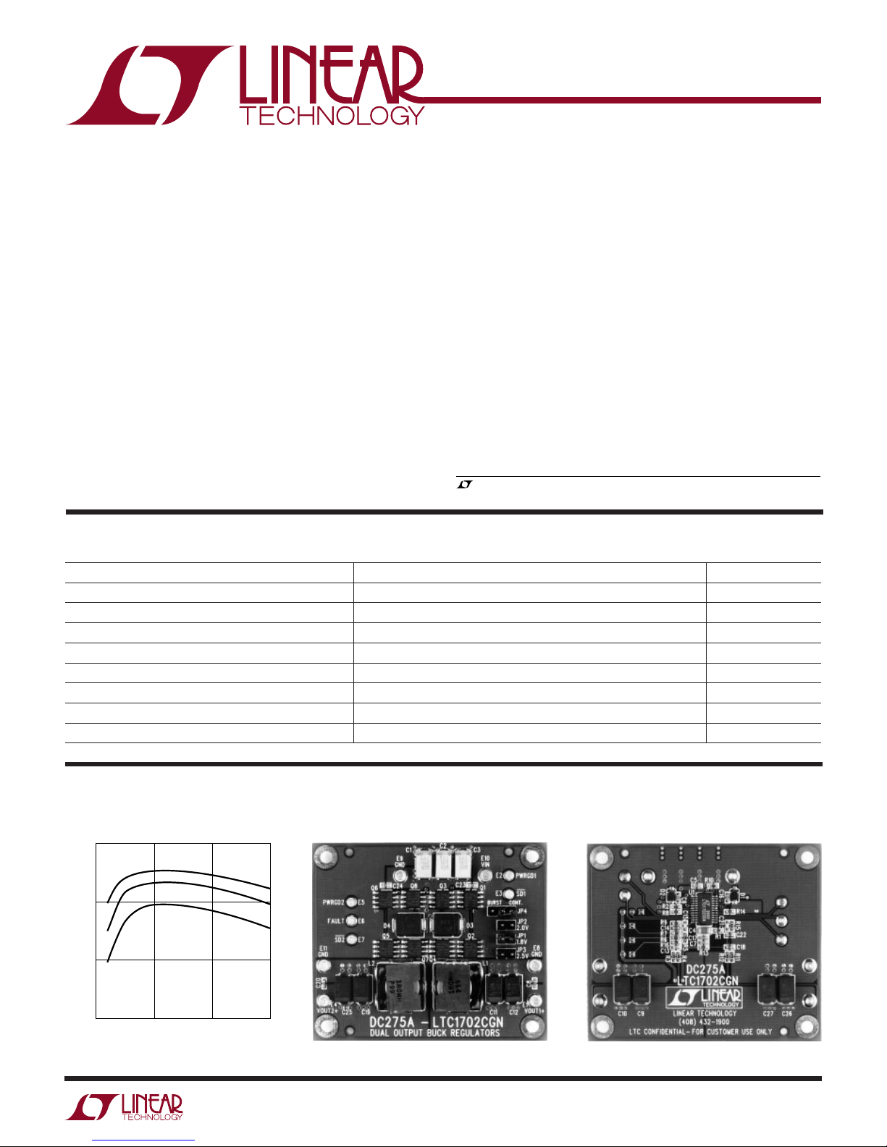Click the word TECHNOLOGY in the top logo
(x=332, y=116)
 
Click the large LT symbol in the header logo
(x=148, y=85)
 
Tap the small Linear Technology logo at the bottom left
(x=125, y=1108)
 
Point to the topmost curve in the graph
(x=188, y=871)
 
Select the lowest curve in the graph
(x=188, y=907)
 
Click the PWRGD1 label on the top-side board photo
(x=526, y=876)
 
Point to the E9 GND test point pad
(x=398, y=875)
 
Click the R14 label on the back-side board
(x=740, y=912)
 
